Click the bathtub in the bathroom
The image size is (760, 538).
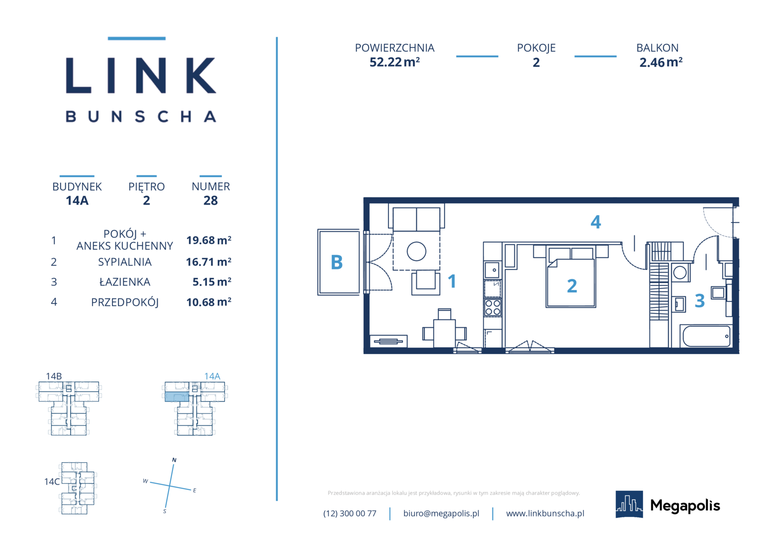pos(706,336)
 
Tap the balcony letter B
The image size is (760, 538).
pos(337,263)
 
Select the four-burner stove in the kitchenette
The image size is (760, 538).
pos(492,307)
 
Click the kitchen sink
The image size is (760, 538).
pos(492,270)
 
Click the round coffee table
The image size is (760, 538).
pos(416,252)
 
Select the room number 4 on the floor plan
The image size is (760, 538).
pos(596,222)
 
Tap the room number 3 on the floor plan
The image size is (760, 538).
pos(700,301)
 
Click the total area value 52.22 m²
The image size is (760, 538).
pos(394,62)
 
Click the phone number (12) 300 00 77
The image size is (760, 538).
pos(350,513)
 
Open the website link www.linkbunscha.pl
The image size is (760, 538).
pos(545,513)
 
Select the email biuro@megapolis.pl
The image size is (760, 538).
pos(441,513)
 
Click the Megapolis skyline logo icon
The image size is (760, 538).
pos(629,504)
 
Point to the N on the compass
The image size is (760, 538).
pos(174,460)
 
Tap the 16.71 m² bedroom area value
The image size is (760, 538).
pos(209,262)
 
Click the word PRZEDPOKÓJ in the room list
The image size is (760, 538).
pos(125,302)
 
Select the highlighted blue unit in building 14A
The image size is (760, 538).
pos(177,397)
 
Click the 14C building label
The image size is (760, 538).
pos(52,482)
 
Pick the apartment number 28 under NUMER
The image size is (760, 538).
pos(210,201)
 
